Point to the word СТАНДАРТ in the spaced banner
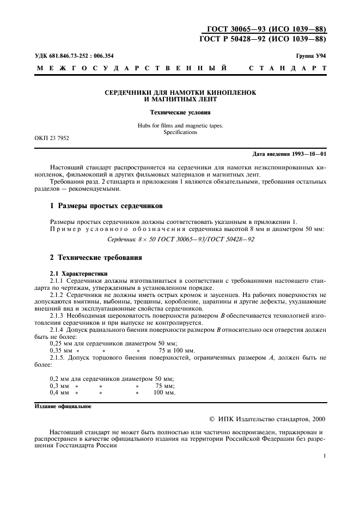[x=288, y=69]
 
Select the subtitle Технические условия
[x=180, y=113]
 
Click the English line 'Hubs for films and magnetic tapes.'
[x=180, y=126]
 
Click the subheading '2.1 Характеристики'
[x=78, y=273]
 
